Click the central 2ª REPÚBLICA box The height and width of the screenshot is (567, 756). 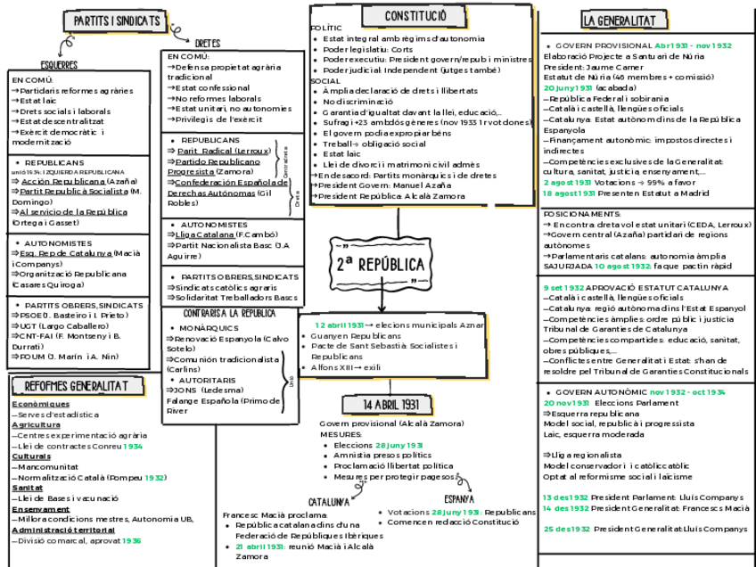tap(379, 265)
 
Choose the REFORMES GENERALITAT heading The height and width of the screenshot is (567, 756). tap(76, 386)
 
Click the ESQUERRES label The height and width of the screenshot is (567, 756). tap(59, 65)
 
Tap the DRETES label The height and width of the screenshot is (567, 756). tap(207, 43)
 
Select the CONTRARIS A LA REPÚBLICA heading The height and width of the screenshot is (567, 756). tap(229, 314)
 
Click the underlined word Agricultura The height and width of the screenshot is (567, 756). tap(30, 424)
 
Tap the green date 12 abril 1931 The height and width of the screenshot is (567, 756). tap(339, 325)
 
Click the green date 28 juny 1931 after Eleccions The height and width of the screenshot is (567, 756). tap(399, 445)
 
